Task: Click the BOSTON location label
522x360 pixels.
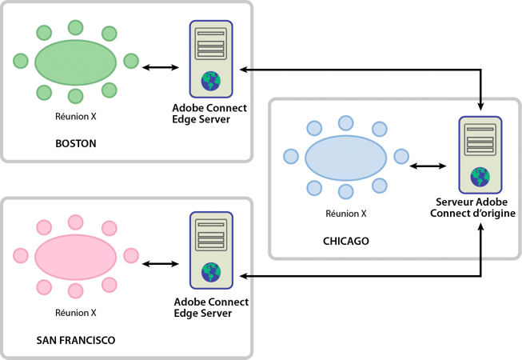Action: pos(75,144)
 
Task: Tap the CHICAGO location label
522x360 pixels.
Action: pos(345,241)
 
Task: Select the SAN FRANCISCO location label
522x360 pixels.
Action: pos(76,340)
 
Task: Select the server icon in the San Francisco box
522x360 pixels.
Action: pos(211,250)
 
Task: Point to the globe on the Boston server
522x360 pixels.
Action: pos(211,80)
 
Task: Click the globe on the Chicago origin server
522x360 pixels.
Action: pos(480,175)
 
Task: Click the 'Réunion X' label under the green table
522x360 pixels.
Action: pos(75,116)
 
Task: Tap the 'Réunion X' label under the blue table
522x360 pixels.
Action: pos(346,214)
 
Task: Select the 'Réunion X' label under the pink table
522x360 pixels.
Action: pos(75,313)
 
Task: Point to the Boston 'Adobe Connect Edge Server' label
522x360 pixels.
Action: pos(209,114)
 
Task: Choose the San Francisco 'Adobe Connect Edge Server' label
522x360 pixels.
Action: pos(209,307)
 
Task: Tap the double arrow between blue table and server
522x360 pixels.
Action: pos(428,166)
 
